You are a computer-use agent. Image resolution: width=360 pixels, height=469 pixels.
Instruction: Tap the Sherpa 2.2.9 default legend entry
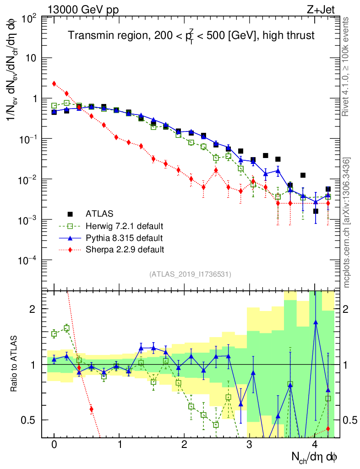[x=125, y=250]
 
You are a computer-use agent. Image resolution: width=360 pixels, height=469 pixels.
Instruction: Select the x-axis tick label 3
[x=250, y=445]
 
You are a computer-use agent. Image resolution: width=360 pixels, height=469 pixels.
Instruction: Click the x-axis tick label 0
[x=54, y=445]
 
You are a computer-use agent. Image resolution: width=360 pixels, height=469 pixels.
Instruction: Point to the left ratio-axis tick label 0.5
[x=30, y=420]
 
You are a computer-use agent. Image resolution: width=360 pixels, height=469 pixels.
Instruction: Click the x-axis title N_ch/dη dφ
[x=315, y=457]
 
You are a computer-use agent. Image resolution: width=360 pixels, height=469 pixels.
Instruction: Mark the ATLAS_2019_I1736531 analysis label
[x=190, y=274]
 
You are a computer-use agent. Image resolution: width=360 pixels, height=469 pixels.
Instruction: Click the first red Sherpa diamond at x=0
[x=54, y=83]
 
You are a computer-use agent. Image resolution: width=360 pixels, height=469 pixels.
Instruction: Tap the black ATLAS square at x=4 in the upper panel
[x=316, y=211]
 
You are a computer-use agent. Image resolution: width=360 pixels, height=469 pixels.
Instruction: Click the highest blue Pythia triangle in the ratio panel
[x=316, y=322]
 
